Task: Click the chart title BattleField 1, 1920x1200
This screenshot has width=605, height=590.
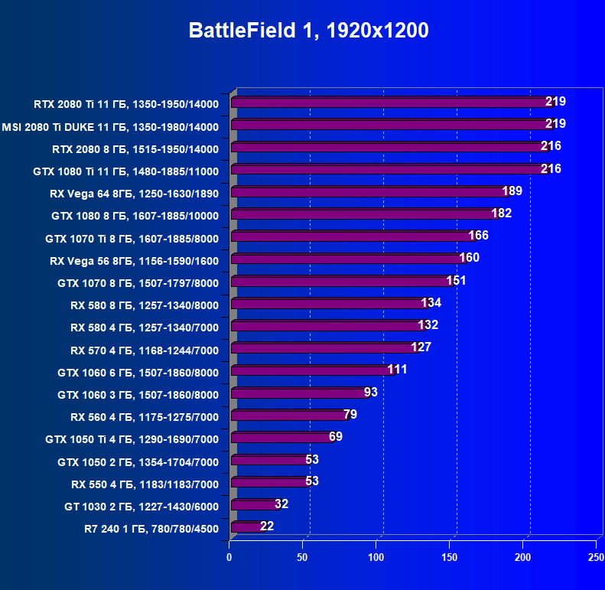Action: (x=309, y=31)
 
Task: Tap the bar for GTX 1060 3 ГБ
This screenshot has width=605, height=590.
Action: (x=299, y=393)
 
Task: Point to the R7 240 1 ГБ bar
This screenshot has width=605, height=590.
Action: (x=247, y=527)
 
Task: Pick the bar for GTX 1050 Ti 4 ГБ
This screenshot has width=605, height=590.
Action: (x=281, y=438)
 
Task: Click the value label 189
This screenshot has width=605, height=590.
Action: (x=512, y=191)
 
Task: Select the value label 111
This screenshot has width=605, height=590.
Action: (x=397, y=370)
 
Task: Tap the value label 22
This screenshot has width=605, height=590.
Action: (x=267, y=526)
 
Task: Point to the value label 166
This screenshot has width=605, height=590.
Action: (x=478, y=235)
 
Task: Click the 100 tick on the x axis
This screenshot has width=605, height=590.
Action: (x=376, y=558)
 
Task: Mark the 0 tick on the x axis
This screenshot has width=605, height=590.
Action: (x=229, y=558)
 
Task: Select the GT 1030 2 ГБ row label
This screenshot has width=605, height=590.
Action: (x=141, y=506)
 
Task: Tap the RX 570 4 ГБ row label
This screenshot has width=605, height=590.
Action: (x=145, y=350)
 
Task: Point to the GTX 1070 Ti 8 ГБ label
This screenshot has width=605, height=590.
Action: (x=132, y=239)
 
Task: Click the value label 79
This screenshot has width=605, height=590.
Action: (x=350, y=414)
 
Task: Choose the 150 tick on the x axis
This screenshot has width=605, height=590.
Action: (x=450, y=558)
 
